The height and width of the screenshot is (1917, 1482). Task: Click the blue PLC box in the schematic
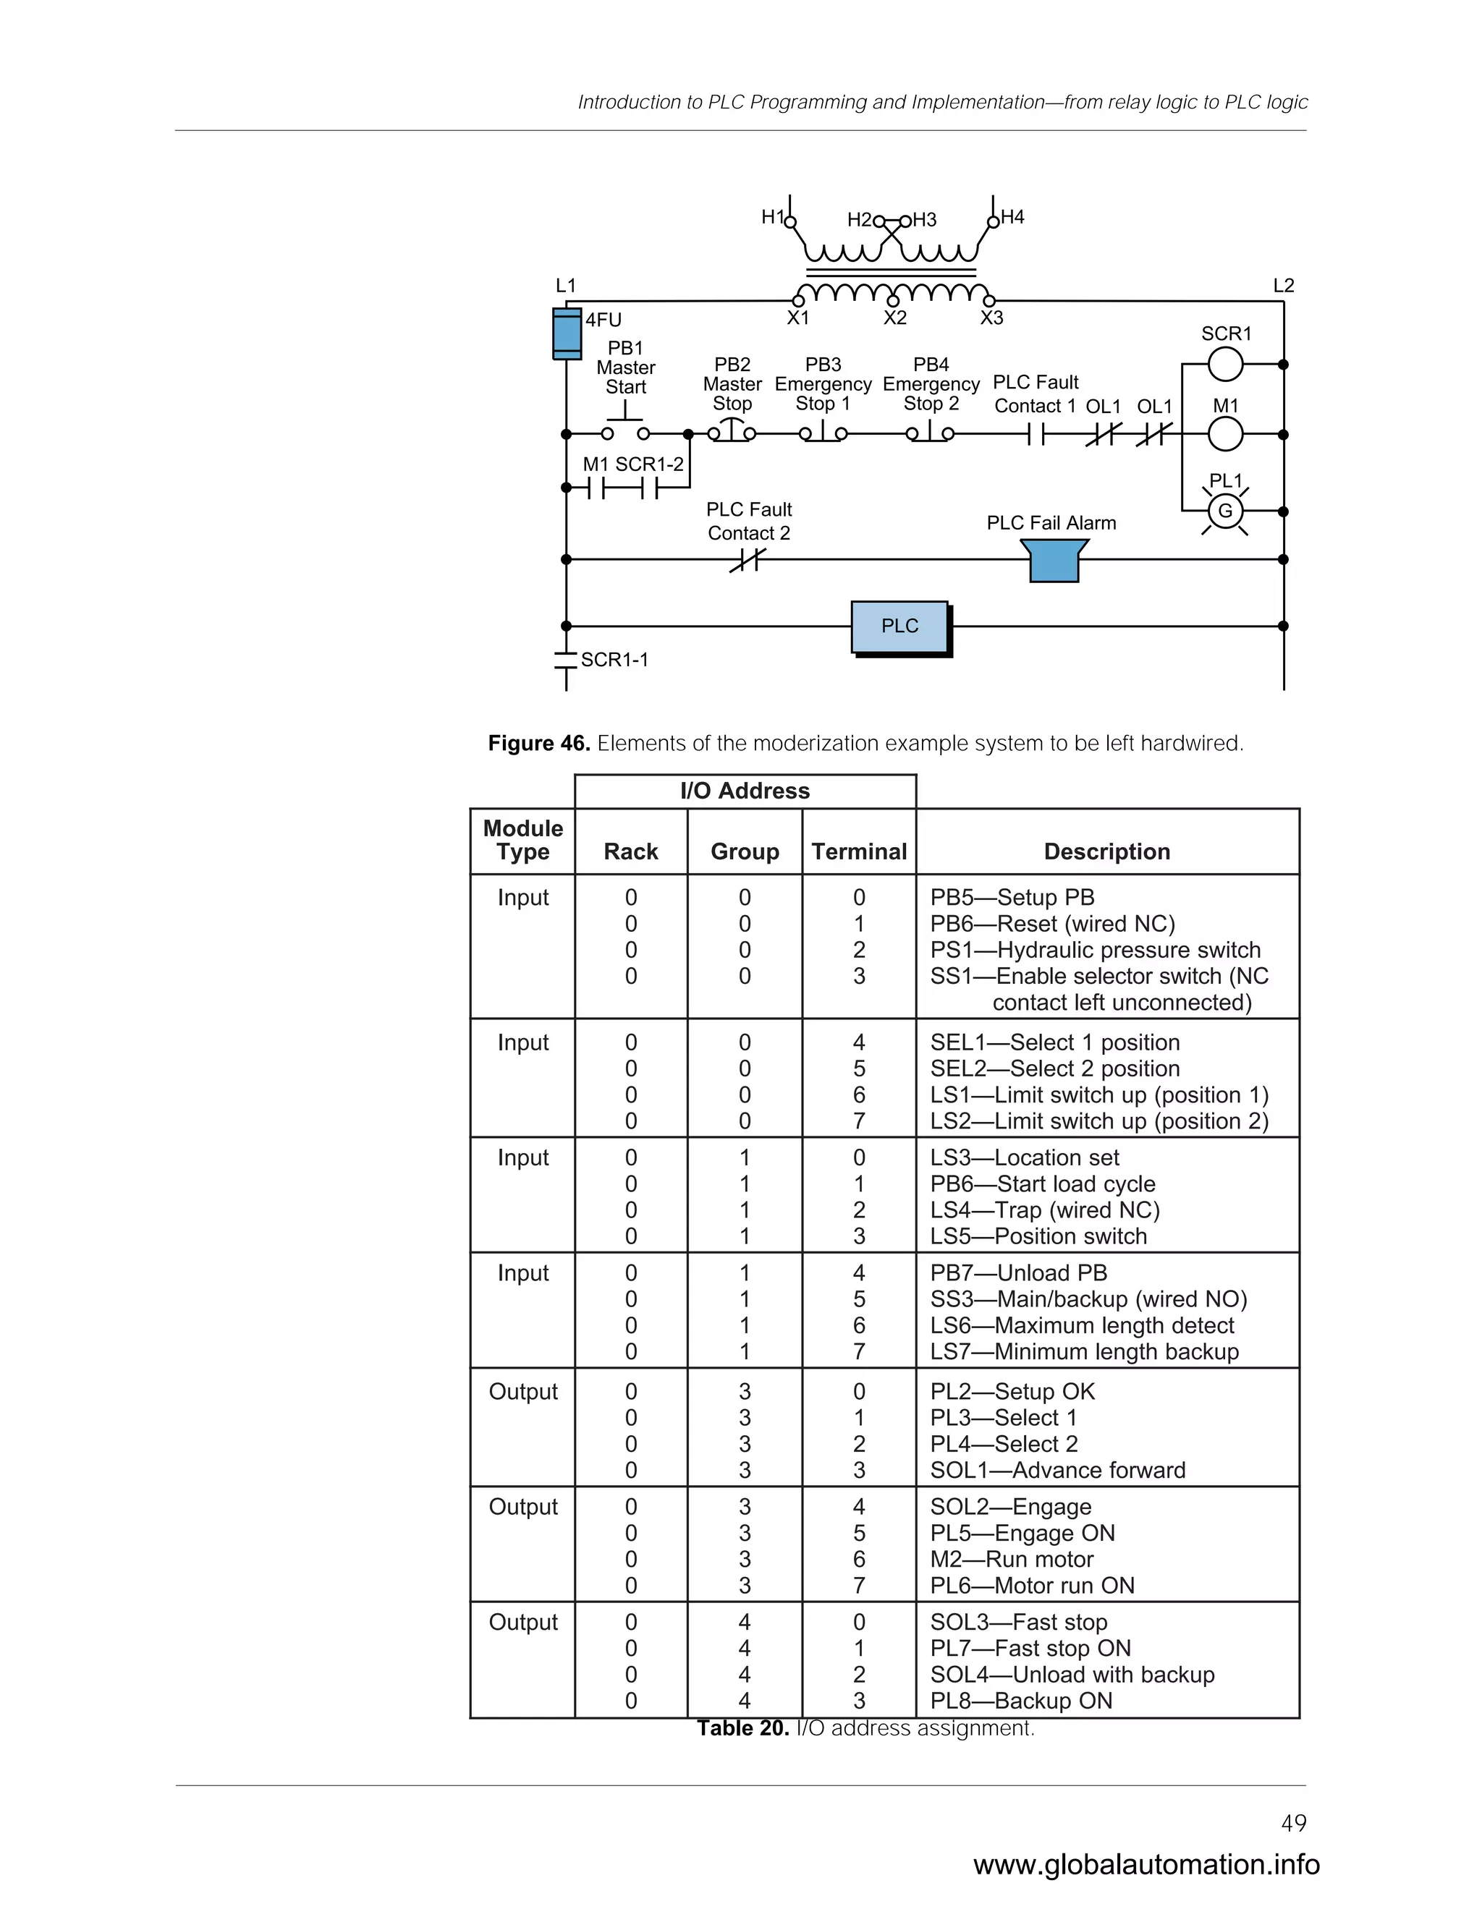pos(900,626)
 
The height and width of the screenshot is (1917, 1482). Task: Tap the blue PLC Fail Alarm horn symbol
pos(1054,560)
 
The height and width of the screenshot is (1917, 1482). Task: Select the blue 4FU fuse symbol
pos(567,333)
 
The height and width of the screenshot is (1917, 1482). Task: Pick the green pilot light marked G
pos(1225,511)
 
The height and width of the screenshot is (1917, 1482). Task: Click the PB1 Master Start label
pos(625,367)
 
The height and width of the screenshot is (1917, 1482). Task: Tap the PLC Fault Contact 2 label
pos(749,522)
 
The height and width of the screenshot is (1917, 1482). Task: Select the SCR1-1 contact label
pos(614,660)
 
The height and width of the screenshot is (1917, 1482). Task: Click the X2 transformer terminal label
pos(894,318)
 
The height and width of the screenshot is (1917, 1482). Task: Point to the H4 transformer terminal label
pos(1012,217)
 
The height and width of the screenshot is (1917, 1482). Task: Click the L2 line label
pos(1283,285)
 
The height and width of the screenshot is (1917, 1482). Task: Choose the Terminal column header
pos(859,851)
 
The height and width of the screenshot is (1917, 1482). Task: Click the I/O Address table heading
pos(745,791)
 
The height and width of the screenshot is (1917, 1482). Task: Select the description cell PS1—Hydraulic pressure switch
pos(1095,950)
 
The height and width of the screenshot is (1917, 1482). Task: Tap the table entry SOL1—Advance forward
pos(1057,1470)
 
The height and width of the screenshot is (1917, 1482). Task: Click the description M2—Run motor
pos(1012,1559)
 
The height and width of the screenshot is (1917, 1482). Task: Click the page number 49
pos(1293,1823)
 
